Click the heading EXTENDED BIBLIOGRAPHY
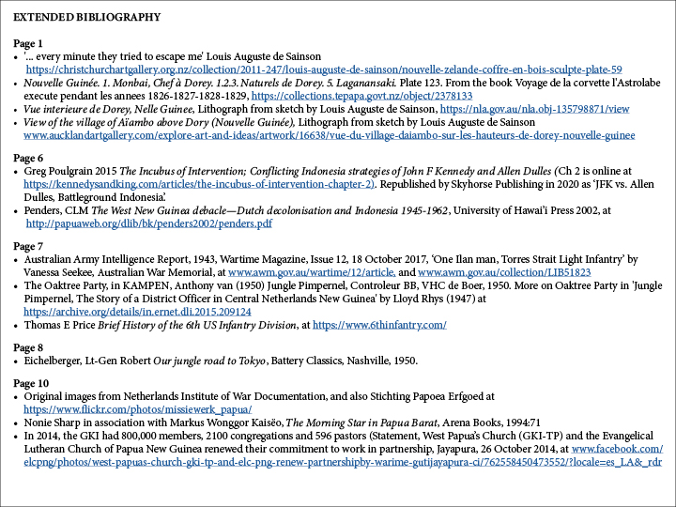[86, 17]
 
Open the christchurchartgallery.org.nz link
[323, 69]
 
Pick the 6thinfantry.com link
[378, 325]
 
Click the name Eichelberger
[60, 361]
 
